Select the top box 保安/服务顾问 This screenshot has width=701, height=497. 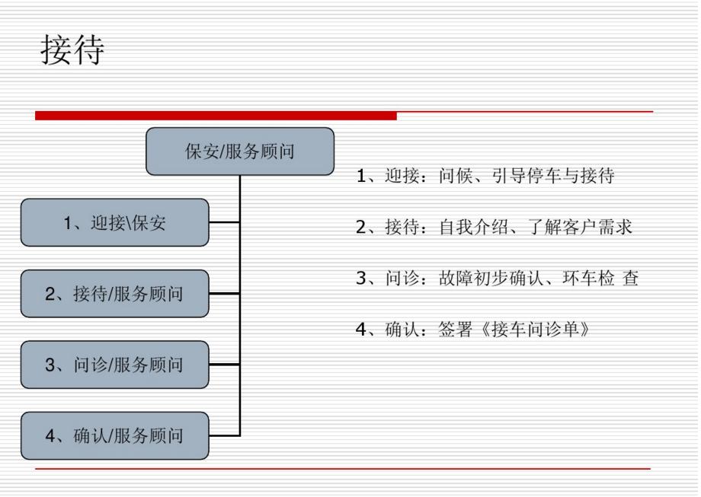point(240,151)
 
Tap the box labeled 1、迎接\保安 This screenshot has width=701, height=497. point(114,222)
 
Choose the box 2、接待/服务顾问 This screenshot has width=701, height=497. point(114,293)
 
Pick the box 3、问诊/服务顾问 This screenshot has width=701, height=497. point(114,365)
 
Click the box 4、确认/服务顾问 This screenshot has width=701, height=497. point(114,435)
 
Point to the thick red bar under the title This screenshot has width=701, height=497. point(216,116)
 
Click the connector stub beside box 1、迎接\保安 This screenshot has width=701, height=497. point(224,223)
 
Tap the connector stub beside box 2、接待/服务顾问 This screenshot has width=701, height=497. point(224,294)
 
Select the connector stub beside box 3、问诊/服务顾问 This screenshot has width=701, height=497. point(224,365)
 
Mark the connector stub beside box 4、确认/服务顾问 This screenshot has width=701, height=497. point(224,435)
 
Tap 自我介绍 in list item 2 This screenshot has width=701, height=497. point(480,228)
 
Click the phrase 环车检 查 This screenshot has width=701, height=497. point(603,280)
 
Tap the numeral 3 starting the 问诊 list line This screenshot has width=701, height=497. point(361,280)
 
